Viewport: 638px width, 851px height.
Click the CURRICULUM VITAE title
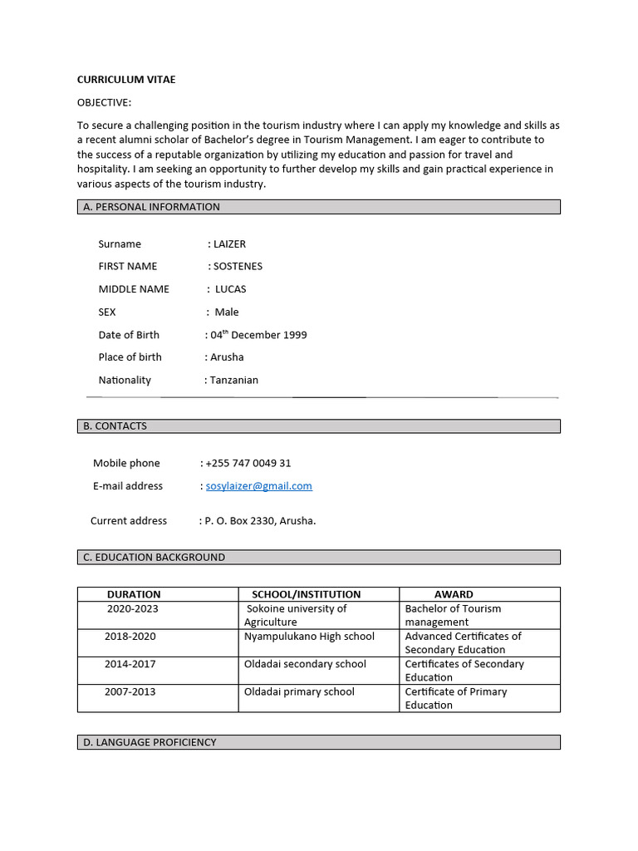coord(126,80)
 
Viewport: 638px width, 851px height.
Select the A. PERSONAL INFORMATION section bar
coord(319,207)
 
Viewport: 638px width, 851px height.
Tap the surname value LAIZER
coord(229,244)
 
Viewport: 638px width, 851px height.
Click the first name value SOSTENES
coord(238,267)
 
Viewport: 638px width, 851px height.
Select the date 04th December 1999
coord(258,335)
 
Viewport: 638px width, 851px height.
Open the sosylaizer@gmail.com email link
coord(258,486)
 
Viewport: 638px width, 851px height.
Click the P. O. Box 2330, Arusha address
coord(260,521)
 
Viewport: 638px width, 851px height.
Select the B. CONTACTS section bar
coord(319,426)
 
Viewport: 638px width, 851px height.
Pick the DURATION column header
coord(134,594)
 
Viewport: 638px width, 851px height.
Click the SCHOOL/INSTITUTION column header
coord(307,594)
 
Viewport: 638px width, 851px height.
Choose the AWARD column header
coord(454,594)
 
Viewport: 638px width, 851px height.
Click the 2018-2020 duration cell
coord(130,637)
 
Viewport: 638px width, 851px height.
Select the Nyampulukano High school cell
coord(309,637)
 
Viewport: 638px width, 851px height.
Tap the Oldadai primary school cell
coord(299,691)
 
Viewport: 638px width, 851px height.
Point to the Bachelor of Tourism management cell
coord(453,615)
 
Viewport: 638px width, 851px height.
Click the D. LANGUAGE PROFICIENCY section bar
coord(319,742)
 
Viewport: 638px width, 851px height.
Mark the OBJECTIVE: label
coord(104,102)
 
